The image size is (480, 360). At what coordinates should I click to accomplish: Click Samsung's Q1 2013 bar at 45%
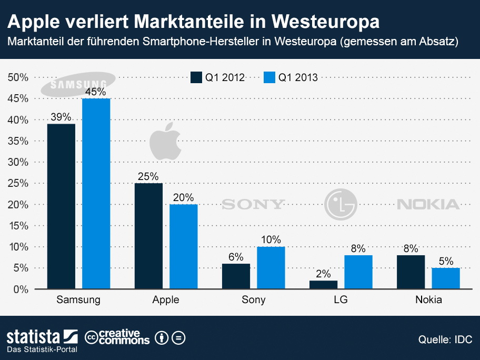(x=96, y=194)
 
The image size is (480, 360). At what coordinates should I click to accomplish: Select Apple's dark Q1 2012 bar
(x=148, y=236)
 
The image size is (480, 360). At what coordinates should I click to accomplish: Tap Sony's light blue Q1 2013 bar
(x=271, y=267)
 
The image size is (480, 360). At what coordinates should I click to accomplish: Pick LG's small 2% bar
(x=323, y=284)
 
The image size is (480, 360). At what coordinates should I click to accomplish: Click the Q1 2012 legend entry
(x=218, y=77)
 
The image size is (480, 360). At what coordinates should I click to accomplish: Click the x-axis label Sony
(x=253, y=300)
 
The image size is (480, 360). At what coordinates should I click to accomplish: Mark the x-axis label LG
(x=341, y=300)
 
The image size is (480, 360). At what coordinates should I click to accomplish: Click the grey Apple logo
(x=165, y=141)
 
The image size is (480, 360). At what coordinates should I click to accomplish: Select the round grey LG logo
(x=341, y=204)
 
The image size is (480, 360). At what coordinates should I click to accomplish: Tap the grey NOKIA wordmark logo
(x=428, y=204)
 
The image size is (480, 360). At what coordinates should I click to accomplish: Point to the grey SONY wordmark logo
(x=253, y=204)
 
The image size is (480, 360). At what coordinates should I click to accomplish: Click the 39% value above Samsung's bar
(x=61, y=117)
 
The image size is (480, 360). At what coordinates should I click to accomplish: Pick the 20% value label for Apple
(x=183, y=198)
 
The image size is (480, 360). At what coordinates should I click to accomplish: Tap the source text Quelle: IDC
(x=445, y=338)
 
